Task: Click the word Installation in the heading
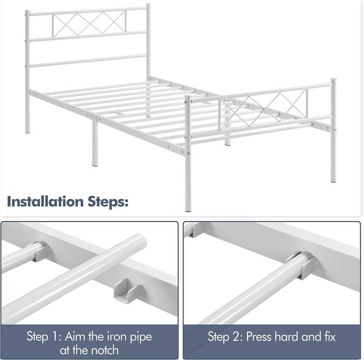click(45, 201)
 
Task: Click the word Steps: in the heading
click(108, 202)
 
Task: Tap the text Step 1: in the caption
click(44, 337)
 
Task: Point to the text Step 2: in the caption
click(225, 337)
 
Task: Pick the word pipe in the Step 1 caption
click(141, 337)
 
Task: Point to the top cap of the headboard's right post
click(148, 6)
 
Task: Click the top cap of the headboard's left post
click(27, 12)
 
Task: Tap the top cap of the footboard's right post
click(334, 80)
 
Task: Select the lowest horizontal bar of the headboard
click(88, 61)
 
